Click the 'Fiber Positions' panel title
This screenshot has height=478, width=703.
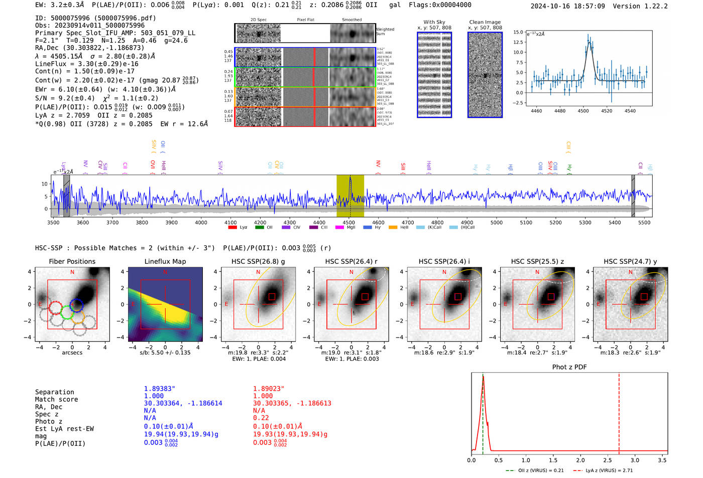click(x=72, y=261)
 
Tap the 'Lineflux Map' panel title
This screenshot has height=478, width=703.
click(x=165, y=261)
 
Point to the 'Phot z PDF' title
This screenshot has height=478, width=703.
click(x=569, y=367)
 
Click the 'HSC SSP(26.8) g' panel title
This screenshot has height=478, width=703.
click(x=258, y=261)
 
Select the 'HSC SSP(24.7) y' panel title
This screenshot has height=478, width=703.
click(x=630, y=261)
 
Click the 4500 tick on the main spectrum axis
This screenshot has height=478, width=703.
click(x=348, y=222)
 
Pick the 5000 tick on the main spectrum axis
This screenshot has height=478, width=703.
click(x=496, y=222)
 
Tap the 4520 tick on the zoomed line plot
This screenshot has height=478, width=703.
click(x=607, y=111)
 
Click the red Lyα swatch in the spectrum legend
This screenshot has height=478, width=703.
click(x=232, y=227)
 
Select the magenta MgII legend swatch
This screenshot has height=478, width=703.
click(x=339, y=227)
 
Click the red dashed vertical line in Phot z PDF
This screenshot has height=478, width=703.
click(x=619, y=411)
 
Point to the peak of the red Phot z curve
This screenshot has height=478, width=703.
click(x=483, y=377)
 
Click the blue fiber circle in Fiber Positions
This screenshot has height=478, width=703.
click(x=76, y=304)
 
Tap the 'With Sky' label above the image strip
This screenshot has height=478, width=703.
click(x=434, y=22)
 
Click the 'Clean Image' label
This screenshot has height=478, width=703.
click(x=485, y=22)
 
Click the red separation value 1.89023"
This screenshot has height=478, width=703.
click(x=269, y=388)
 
